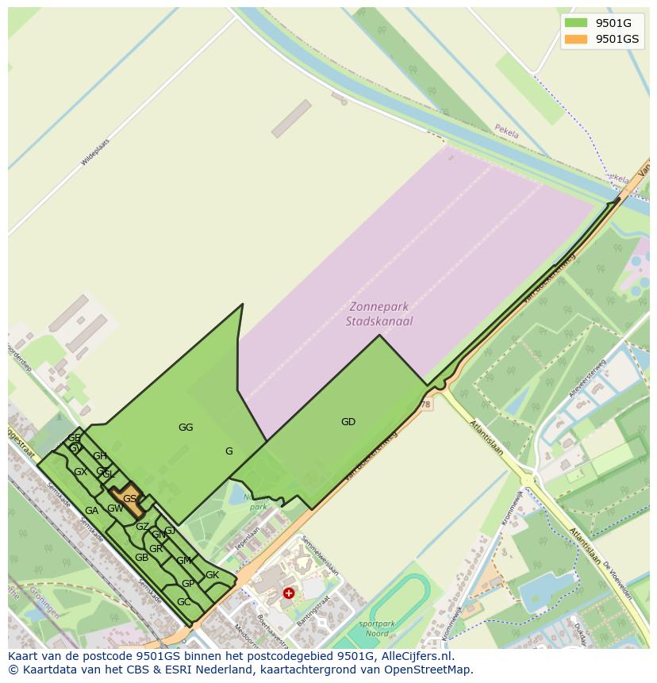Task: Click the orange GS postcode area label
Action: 130,499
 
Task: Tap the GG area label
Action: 186,428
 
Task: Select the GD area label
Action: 348,422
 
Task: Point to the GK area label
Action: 212,575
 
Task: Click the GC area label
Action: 183,602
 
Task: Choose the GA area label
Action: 91,511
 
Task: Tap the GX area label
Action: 80,472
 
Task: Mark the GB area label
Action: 141,558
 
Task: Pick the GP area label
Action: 188,584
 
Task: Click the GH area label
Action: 100,456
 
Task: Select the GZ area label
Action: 142,527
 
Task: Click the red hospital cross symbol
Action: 289,593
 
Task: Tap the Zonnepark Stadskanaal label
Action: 379,314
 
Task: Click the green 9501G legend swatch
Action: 576,23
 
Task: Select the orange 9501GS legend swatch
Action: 576,39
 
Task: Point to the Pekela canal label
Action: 506,132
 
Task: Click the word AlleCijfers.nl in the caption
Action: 417,656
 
